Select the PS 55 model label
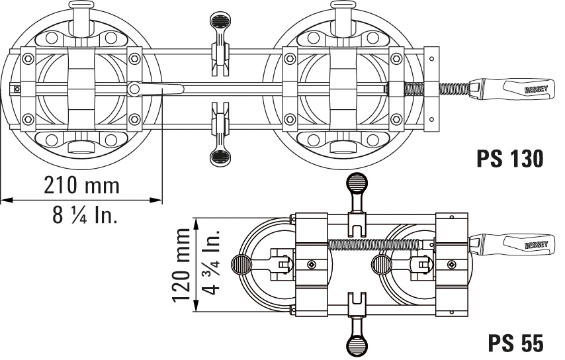516,343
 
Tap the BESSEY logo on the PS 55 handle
536,244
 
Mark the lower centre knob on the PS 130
219,157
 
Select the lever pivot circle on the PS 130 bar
134,88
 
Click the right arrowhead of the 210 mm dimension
159,199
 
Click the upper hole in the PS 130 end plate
431,58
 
